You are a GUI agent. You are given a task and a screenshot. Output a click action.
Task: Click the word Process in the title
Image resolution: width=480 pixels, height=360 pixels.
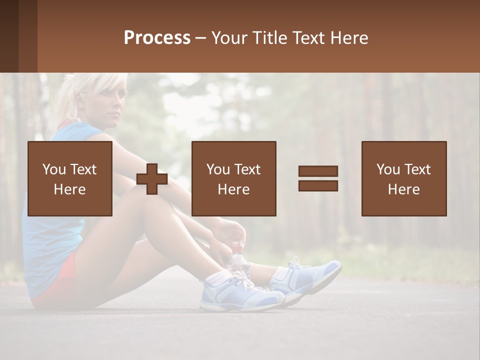[157, 38]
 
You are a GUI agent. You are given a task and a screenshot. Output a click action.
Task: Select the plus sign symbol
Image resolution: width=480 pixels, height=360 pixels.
[152, 179]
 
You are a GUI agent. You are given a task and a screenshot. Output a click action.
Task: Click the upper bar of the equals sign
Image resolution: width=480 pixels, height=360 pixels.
[318, 171]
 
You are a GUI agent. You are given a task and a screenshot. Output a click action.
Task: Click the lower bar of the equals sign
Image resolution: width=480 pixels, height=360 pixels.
[318, 185]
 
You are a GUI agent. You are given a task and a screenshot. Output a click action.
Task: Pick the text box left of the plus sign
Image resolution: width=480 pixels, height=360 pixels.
[69, 178]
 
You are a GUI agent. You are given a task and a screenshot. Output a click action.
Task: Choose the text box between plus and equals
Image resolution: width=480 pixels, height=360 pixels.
[233, 178]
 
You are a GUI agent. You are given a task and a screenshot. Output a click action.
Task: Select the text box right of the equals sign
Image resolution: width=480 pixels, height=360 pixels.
[403, 178]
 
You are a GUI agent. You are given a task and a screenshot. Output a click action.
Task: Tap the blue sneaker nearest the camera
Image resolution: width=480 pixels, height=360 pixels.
[240, 295]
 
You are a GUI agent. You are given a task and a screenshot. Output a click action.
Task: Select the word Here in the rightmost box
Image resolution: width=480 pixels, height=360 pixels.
[403, 189]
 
